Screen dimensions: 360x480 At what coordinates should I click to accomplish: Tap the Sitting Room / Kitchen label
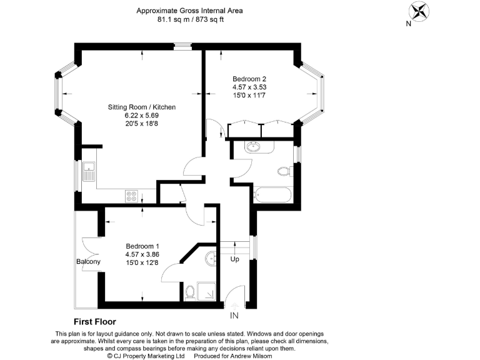click(142, 107)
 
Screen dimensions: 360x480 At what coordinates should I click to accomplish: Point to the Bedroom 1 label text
click(142, 246)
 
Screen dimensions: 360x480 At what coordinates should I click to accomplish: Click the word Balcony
click(88, 261)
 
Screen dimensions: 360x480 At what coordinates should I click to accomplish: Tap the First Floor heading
click(95, 322)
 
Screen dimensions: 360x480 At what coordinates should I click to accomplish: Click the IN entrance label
click(235, 316)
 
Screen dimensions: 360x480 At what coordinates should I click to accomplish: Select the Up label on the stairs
click(235, 259)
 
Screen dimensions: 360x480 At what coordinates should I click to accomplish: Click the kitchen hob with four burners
click(132, 196)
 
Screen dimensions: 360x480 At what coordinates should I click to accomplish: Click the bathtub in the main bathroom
click(272, 194)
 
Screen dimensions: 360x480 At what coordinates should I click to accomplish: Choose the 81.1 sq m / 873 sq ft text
click(191, 19)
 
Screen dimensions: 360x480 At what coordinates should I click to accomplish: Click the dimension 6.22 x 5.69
click(142, 116)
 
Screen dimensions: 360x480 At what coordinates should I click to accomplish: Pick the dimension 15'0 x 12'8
click(142, 262)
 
